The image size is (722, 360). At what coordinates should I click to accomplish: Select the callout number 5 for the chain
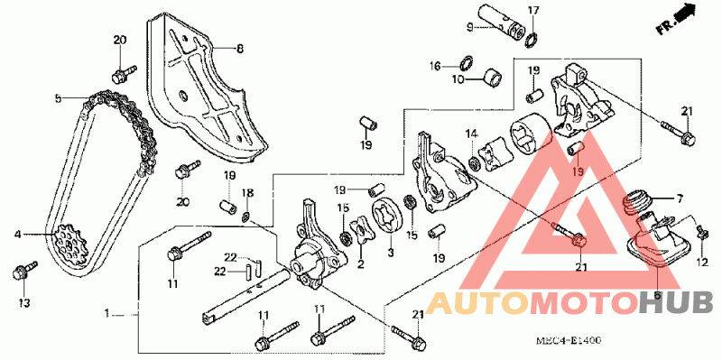58,98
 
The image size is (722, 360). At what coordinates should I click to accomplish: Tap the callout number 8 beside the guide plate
240,49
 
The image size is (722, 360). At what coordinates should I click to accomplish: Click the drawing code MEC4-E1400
569,341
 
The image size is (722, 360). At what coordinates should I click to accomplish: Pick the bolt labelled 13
24,271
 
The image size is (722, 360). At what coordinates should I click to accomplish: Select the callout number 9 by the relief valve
469,28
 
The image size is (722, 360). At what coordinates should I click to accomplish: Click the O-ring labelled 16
466,62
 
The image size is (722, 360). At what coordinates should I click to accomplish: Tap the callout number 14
470,134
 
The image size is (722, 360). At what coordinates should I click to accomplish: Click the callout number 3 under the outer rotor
391,253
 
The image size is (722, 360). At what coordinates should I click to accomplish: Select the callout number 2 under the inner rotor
361,263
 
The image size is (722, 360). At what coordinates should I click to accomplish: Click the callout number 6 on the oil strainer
657,295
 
